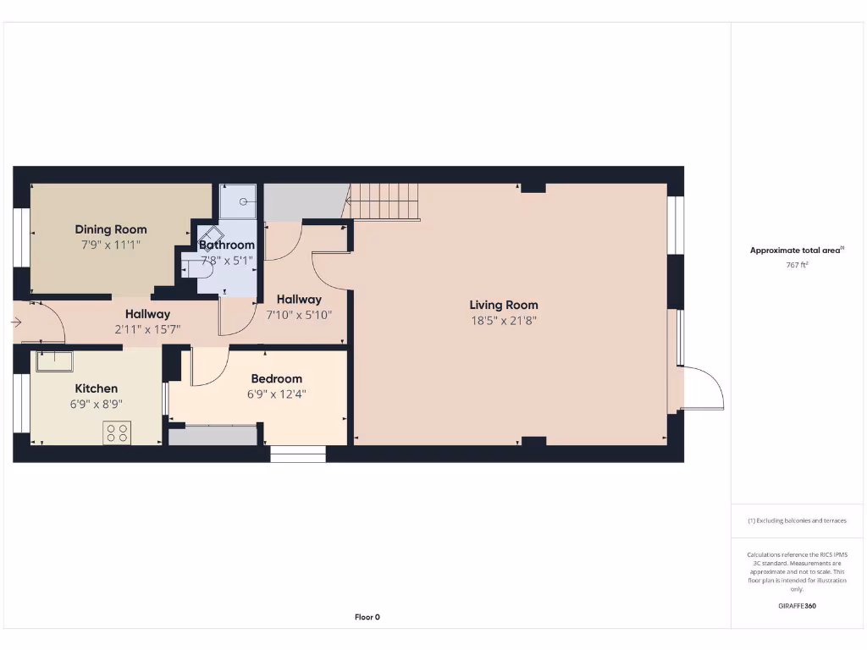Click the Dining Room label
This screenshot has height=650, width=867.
[x=111, y=229]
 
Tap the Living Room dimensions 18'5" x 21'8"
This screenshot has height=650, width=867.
[x=504, y=321]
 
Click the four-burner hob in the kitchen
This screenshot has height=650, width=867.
[x=116, y=432]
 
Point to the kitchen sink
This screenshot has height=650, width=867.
[x=54, y=361]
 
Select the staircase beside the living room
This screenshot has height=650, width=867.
[x=384, y=202]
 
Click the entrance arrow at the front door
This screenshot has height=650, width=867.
[x=16, y=322]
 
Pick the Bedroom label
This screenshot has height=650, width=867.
[x=277, y=378]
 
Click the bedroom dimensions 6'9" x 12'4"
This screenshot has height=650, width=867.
[x=277, y=394]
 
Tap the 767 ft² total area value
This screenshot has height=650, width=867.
[x=797, y=265]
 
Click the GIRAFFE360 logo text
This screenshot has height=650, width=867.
[x=797, y=606]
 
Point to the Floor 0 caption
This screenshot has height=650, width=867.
[x=367, y=617]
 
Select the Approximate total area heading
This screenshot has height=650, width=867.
[x=796, y=250]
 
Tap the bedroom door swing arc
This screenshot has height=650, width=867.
[x=209, y=366]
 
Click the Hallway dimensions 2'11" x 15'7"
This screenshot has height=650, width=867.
[x=148, y=329]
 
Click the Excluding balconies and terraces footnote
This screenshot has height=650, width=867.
[x=797, y=521]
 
